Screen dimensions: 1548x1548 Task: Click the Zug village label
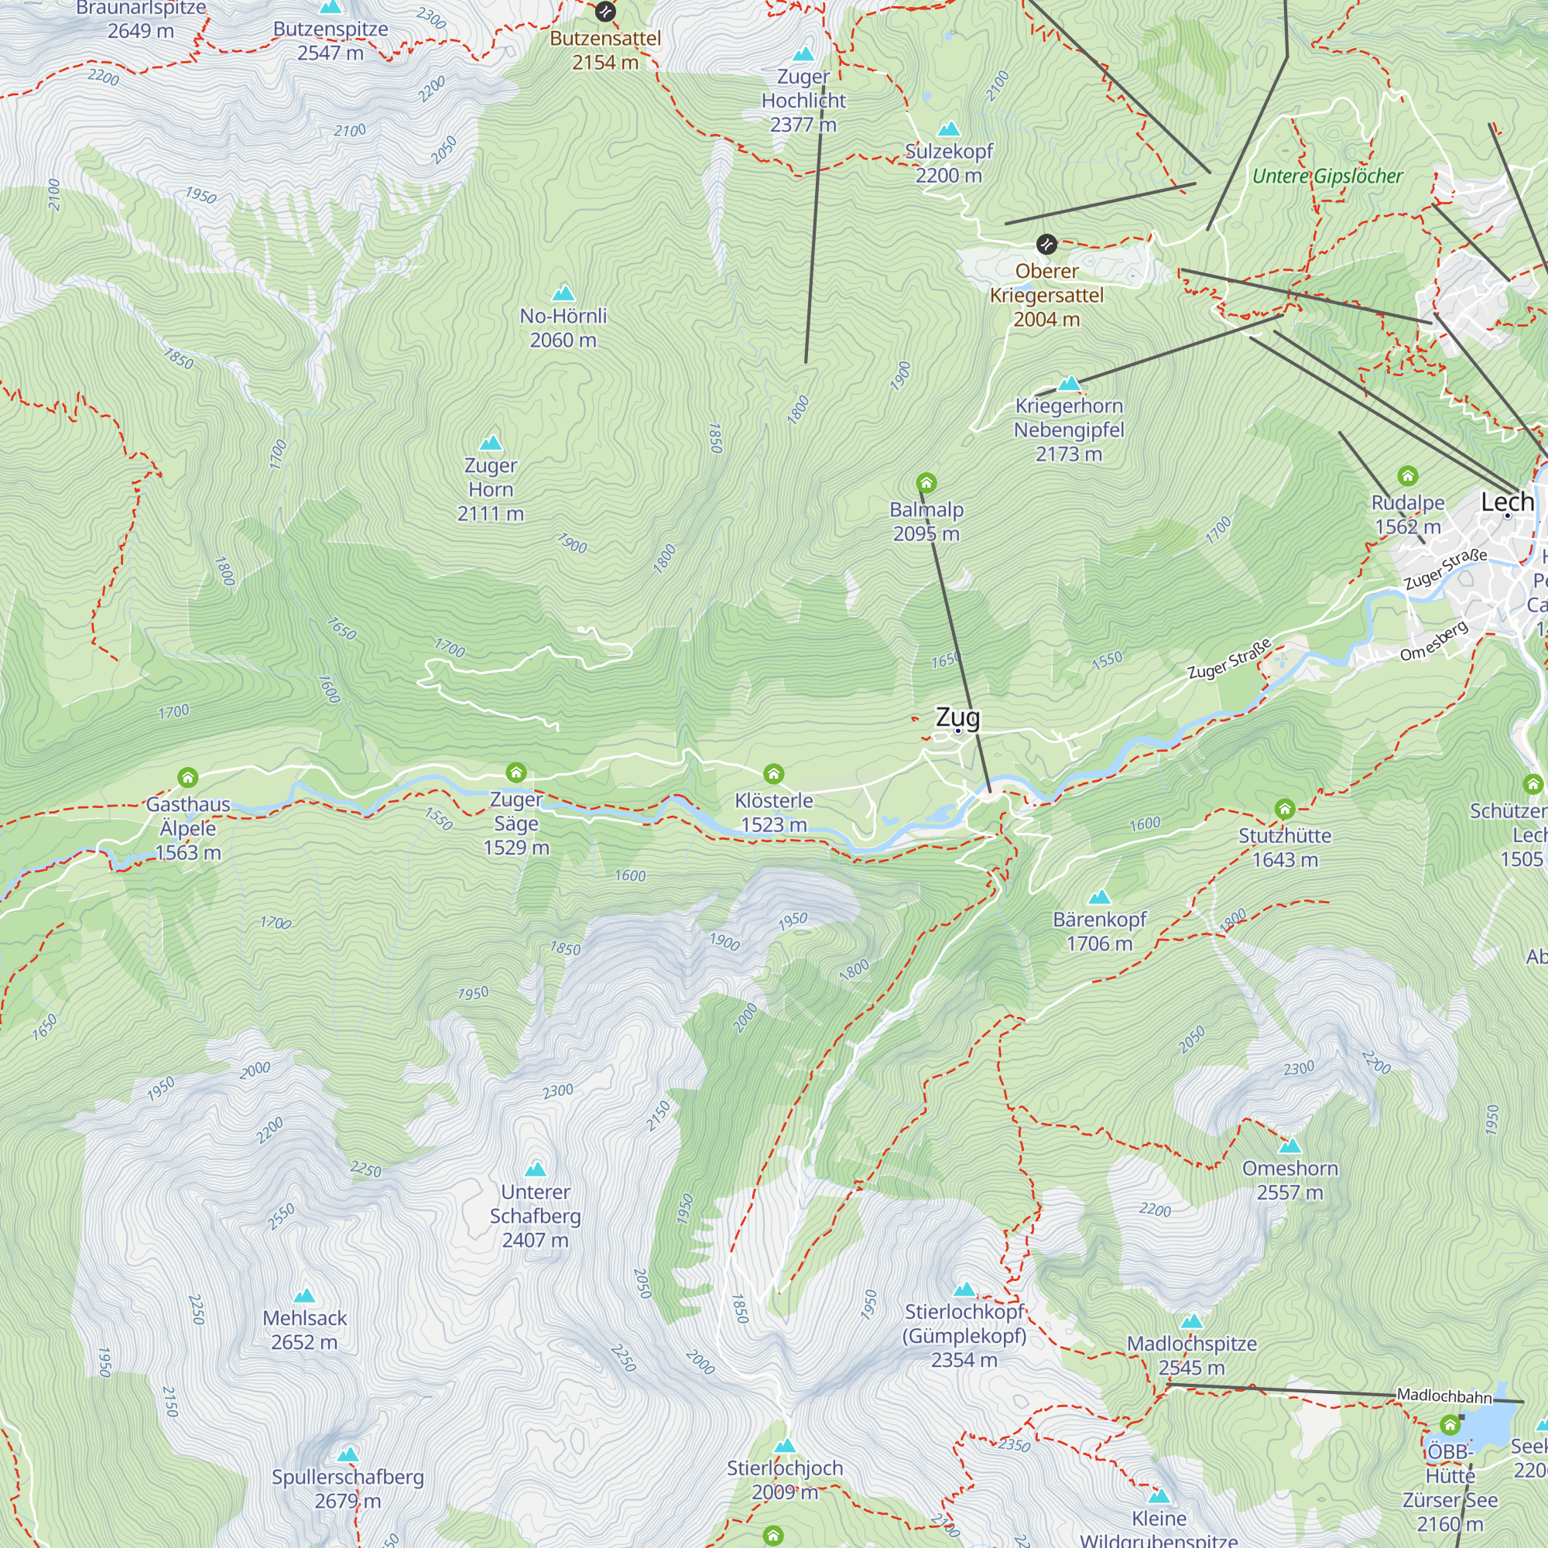click(x=957, y=717)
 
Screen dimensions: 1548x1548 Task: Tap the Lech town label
click(x=1506, y=502)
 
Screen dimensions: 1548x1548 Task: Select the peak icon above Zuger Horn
click(x=491, y=443)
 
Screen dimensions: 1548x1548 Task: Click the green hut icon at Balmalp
click(x=926, y=482)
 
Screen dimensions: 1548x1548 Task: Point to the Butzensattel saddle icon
click(x=605, y=12)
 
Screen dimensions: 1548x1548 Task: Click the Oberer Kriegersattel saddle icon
click(x=1046, y=245)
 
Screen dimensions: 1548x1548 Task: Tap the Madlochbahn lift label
click(x=1444, y=1396)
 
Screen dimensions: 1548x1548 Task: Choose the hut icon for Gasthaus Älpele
click(x=187, y=777)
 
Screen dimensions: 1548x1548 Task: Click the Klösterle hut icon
click(x=773, y=773)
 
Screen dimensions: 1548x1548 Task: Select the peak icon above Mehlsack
click(x=304, y=1296)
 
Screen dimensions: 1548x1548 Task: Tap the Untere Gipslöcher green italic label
click(x=1327, y=176)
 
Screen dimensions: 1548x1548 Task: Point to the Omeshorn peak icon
click(x=1290, y=1146)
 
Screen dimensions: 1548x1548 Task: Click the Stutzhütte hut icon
click(x=1284, y=809)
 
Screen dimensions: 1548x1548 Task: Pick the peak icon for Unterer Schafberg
click(x=536, y=1169)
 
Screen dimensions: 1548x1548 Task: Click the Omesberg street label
click(x=1434, y=641)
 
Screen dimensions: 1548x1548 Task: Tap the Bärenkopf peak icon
click(x=1099, y=896)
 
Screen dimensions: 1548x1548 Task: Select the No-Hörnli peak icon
click(x=563, y=293)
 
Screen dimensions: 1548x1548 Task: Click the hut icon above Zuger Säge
click(x=516, y=772)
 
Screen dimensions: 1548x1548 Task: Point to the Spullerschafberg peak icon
click(x=348, y=1455)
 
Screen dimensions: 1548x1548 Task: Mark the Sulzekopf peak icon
click(x=949, y=129)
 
